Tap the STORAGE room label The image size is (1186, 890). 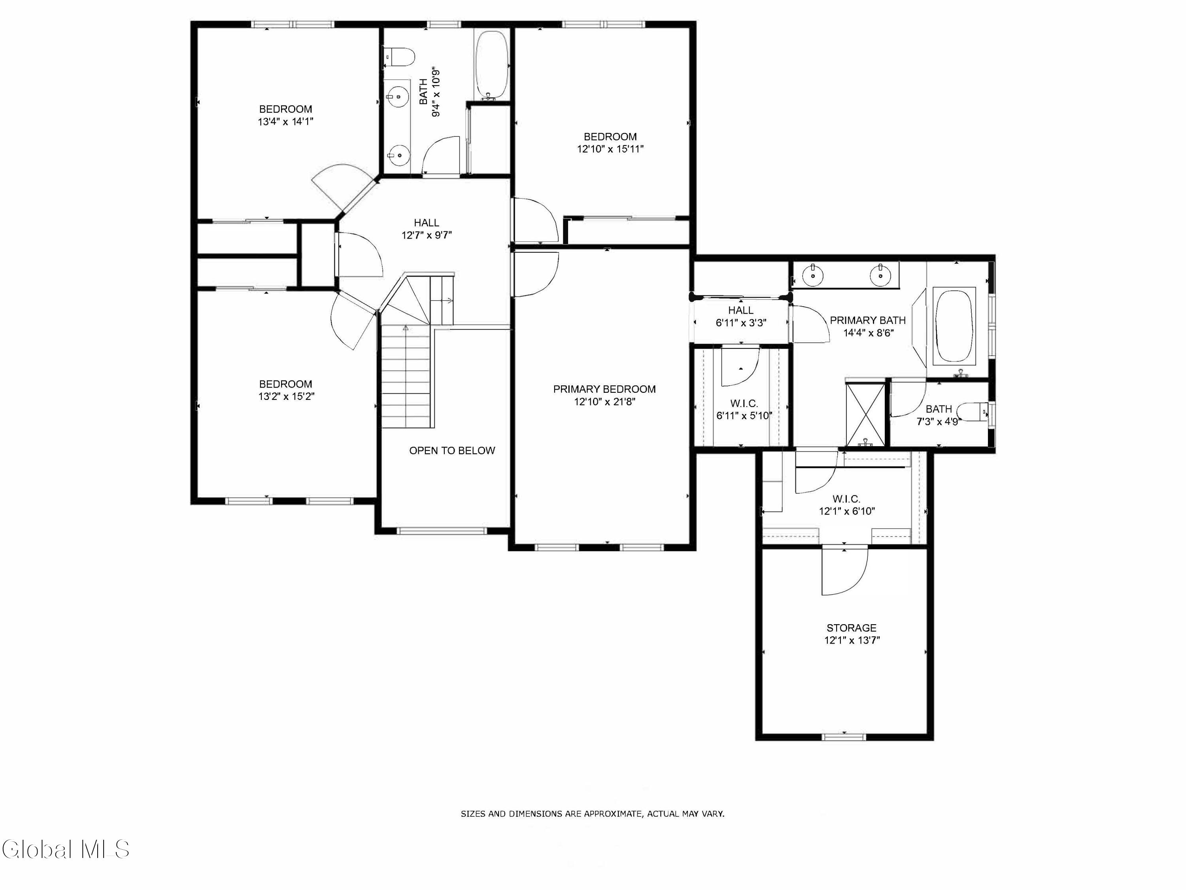click(852, 628)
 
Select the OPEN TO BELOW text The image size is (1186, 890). click(452, 451)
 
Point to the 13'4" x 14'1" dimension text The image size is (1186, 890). click(285, 122)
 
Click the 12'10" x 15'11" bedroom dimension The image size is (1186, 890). click(610, 149)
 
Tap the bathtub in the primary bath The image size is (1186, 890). click(954, 326)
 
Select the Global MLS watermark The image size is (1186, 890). click(65, 849)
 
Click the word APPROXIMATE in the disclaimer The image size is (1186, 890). click(612, 814)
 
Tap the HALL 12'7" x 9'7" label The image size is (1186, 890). click(427, 229)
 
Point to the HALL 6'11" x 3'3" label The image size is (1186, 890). click(741, 316)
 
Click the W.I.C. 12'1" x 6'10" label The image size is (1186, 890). click(847, 506)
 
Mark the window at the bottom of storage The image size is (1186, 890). click(844, 737)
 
